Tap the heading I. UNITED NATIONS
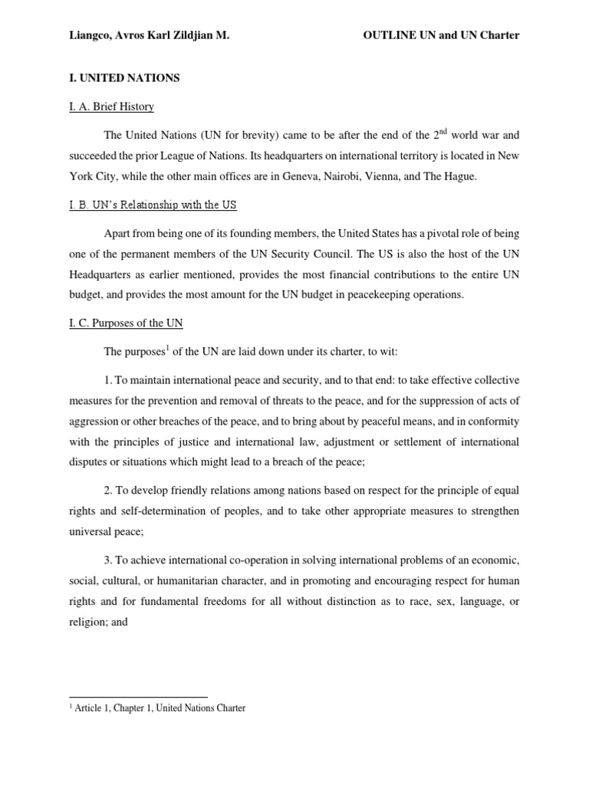tap(114, 78)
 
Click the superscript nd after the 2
tap(445, 131)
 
